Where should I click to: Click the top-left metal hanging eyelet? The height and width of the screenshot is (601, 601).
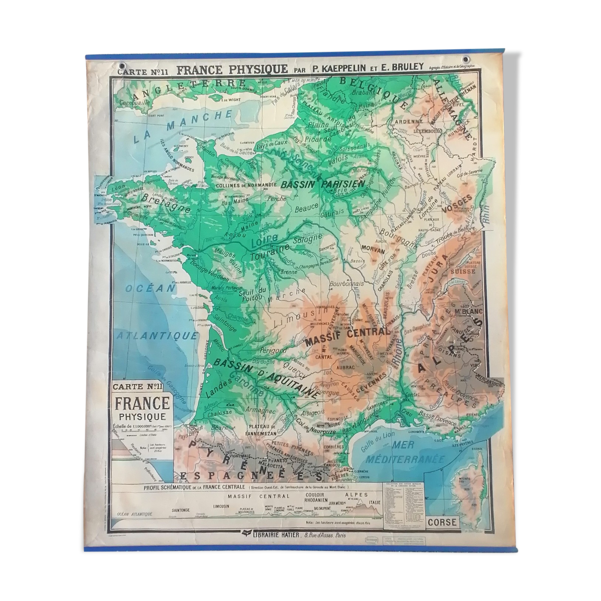click(123, 65)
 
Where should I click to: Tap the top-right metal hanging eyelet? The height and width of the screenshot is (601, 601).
click(467, 59)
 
